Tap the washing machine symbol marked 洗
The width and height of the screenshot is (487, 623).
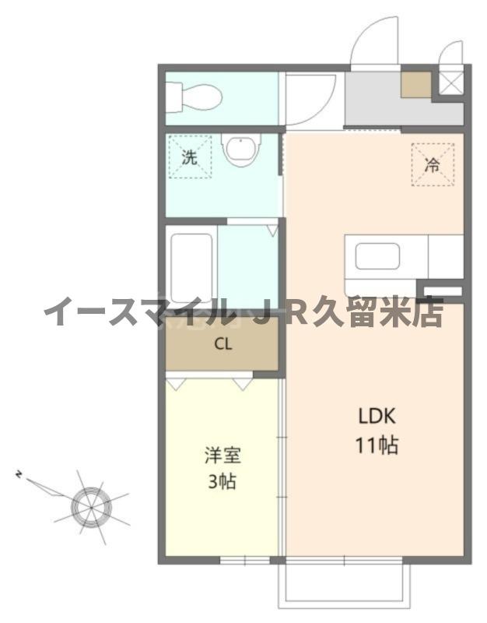pos(189,157)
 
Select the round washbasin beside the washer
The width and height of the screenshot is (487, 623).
pos(240,150)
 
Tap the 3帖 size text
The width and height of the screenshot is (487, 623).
pos(221,480)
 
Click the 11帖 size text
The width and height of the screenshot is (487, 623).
pos(377,445)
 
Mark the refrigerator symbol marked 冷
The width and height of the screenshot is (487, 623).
pos(431,165)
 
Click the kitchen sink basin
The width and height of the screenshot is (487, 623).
pos(377,256)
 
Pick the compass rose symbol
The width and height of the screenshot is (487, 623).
pos(91,505)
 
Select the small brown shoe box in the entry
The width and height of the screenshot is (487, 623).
pos(415,84)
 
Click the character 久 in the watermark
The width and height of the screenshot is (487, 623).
pos(350,312)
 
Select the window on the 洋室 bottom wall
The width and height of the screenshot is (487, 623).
pos(244,559)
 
